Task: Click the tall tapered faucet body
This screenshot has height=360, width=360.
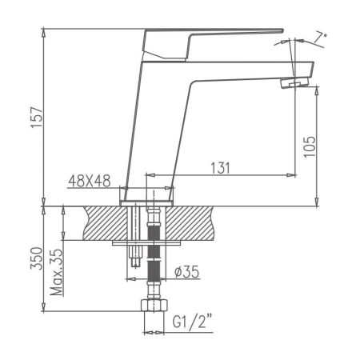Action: click(160, 120)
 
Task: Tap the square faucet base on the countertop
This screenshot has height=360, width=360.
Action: click(149, 195)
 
